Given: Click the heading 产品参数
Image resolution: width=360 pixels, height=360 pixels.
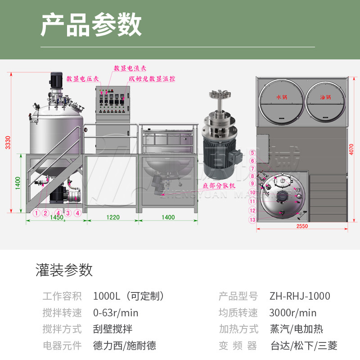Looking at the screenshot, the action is tap(91, 25).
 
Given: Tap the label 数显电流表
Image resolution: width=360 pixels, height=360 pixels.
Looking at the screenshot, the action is tap(130, 68).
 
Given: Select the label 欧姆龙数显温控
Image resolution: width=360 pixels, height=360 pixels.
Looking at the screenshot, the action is tap(152, 78).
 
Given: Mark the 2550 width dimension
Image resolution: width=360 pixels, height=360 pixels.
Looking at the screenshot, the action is tap(302, 226).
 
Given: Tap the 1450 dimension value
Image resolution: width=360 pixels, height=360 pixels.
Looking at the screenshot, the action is tap(56, 217).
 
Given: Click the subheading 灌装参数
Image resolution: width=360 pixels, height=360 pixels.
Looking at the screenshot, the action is tap(64, 270).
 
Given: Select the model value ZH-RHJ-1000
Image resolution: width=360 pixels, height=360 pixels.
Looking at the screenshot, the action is tap(300, 296).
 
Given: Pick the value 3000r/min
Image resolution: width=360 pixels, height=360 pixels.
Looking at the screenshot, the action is tap(293, 313).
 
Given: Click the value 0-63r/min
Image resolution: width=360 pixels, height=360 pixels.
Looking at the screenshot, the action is tap(116, 313).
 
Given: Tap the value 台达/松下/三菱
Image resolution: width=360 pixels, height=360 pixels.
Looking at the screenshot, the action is tap(304, 346).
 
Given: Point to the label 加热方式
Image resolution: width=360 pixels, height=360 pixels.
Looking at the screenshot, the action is tap(238, 329).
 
